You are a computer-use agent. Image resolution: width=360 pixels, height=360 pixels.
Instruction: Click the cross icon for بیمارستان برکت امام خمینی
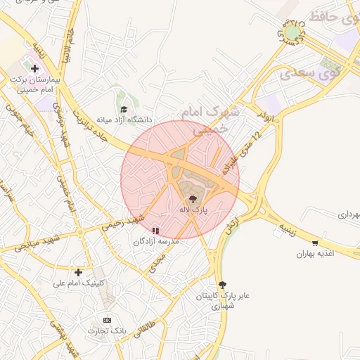click(34, 68)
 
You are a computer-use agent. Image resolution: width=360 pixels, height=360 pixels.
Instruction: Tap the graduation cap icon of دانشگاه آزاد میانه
click(124, 109)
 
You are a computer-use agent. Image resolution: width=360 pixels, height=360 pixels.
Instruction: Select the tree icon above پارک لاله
click(193, 199)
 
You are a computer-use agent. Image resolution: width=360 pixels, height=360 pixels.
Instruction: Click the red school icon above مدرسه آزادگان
click(155, 230)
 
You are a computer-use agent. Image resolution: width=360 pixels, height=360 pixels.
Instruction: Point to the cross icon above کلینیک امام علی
click(78, 272)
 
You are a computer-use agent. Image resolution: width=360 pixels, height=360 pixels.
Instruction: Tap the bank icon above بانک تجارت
click(107, 320)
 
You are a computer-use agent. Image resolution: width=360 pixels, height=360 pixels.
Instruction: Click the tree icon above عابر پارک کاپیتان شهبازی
click(223, 284)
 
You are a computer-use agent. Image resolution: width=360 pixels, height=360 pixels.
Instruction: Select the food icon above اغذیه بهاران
click(314, 243)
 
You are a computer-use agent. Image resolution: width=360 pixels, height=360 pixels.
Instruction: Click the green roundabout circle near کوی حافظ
click(291, 32)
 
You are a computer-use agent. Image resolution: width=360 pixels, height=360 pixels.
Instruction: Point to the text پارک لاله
click(193, 210)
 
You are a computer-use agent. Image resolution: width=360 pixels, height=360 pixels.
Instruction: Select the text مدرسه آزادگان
click(157, 240)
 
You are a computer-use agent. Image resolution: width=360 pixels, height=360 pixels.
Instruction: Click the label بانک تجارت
click(105, 330)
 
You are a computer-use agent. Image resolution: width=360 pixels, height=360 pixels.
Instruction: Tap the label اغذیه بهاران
click(314, 253)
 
